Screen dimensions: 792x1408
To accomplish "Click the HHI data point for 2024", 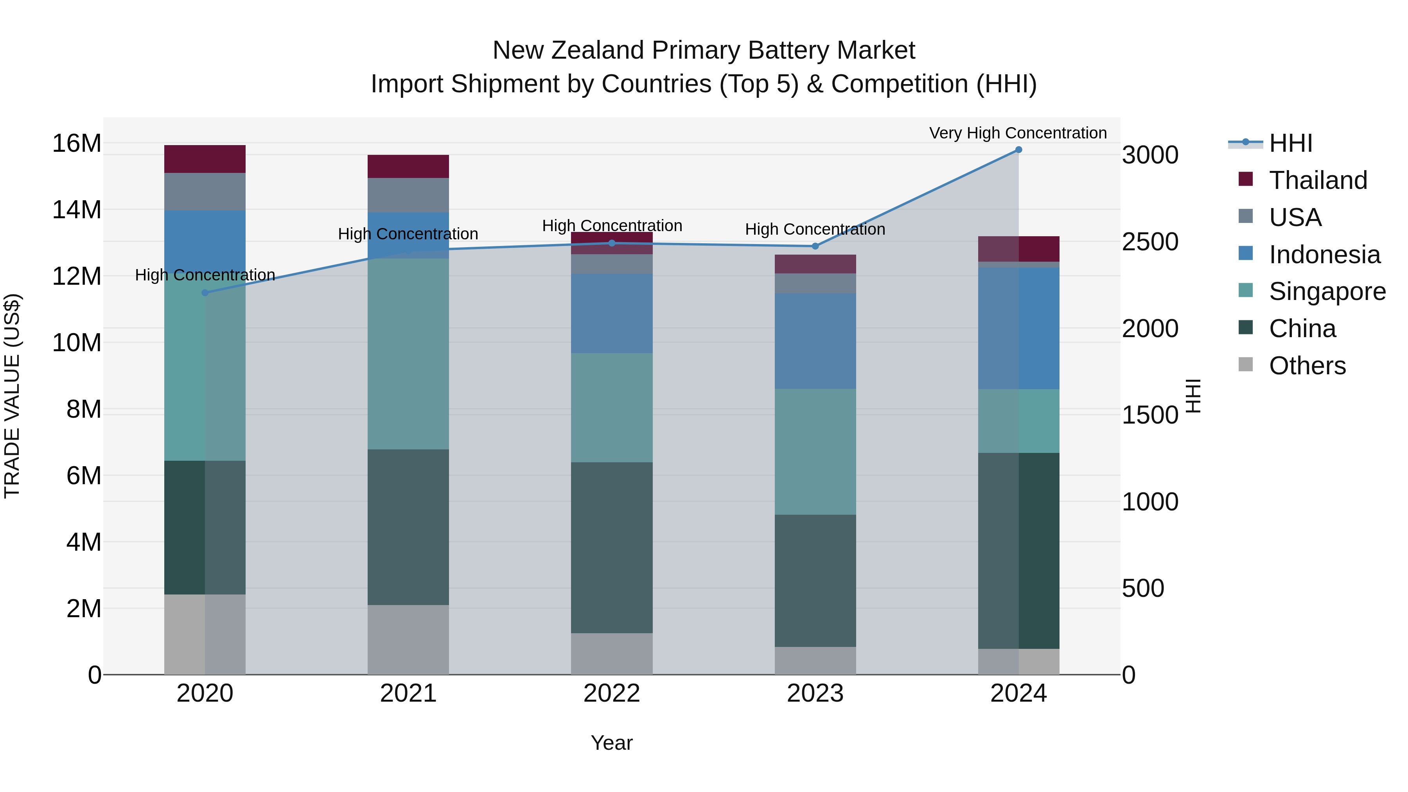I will click(x=1018, y=150).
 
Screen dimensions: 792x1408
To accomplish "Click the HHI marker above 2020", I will click(x=205, y=293).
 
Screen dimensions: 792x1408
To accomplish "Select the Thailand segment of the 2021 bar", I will click(x=408, y=166).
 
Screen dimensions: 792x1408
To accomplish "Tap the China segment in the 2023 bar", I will click(x=815, y=580).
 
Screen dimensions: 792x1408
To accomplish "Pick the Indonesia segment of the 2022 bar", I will click(x=612, y=313).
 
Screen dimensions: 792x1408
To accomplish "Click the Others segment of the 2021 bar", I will click(x=408, y=639).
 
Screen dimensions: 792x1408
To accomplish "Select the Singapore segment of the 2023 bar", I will click(x=815, y=451).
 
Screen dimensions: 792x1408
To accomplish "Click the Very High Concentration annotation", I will click(x=1018, y=133).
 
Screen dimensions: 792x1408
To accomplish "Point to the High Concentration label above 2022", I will click(x=612, y=225).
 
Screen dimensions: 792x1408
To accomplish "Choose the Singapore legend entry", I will click(x=1327, y=291).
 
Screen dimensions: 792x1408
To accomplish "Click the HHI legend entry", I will click(x=1291, y=143).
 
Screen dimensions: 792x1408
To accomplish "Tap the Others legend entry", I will click(x=1307, y=366).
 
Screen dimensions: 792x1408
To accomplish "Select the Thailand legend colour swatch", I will click(x=1246, y=179).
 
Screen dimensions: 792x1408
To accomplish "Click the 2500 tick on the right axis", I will click(x=1149, y=242).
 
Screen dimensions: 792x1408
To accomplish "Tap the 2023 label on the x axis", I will click(x=815, y=693).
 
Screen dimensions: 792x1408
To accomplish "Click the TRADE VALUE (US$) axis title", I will click(x=12, y=396).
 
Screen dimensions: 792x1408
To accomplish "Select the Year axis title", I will click(x=612, y=743).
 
